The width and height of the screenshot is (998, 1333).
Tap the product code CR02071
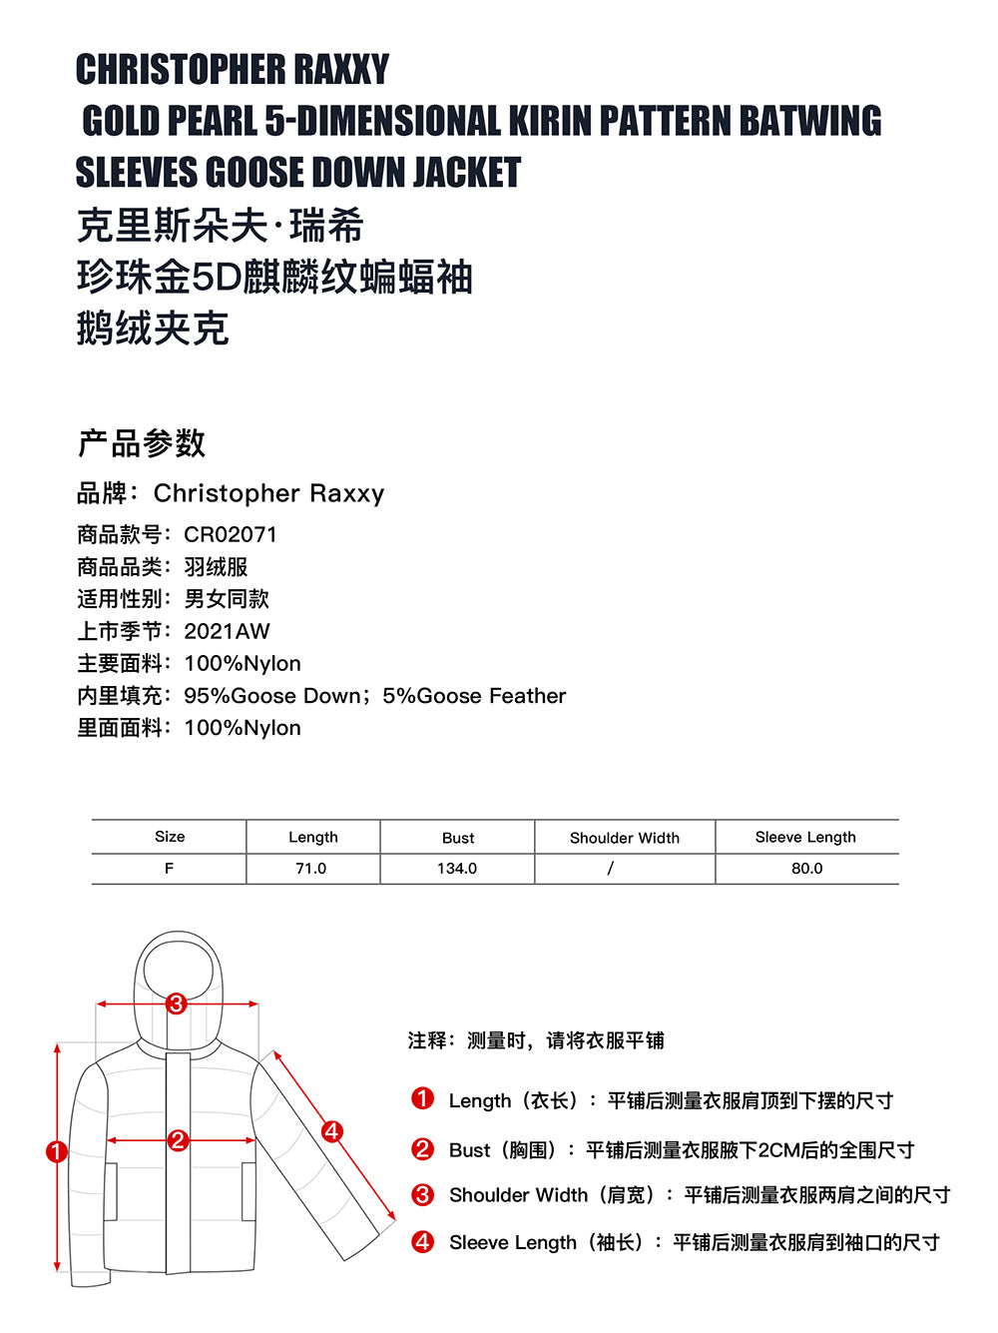pyautogui.click(x=231, y=534)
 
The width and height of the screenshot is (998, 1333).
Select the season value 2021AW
pyautogui.click(x=228, y=631)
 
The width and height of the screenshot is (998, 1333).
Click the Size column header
pyautogui.click(x=170, y=837)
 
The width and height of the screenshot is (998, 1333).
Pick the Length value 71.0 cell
pyautogui.click(x=311, y=869)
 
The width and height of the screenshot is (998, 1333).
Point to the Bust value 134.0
pyautogui.click(x=457, y=869)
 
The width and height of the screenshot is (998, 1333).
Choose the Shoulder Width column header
pyautogui.click(x=625, y=838)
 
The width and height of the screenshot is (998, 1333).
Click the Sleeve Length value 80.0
pyautogui.click(x=806, y=869)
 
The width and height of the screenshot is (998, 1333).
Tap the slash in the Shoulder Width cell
pyautogui.click(x=611, y=869)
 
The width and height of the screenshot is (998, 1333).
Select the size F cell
pyautogui.click(x=170, y=869)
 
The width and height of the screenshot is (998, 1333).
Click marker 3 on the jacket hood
pyautogui.click(x=177, y=1003)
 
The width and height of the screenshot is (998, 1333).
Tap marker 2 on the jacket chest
pyautogui.click(x=179, y=1140)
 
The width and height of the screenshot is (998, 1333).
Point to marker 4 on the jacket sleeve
pyautogui.click(x=331, y=1131)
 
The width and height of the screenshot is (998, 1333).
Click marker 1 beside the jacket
pyautogui.click(x=57, y=1152)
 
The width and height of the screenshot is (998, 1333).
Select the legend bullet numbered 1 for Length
pyautogui.click(x=423, y=1099)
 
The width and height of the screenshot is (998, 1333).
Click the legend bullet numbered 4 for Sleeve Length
pyautogui.click(x=423, y=1242)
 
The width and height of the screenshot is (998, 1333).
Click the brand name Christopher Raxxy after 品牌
pyautogui.click(x=268, y=493)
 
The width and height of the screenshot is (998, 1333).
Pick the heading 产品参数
pyautogui.click(x=142, y=443)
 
